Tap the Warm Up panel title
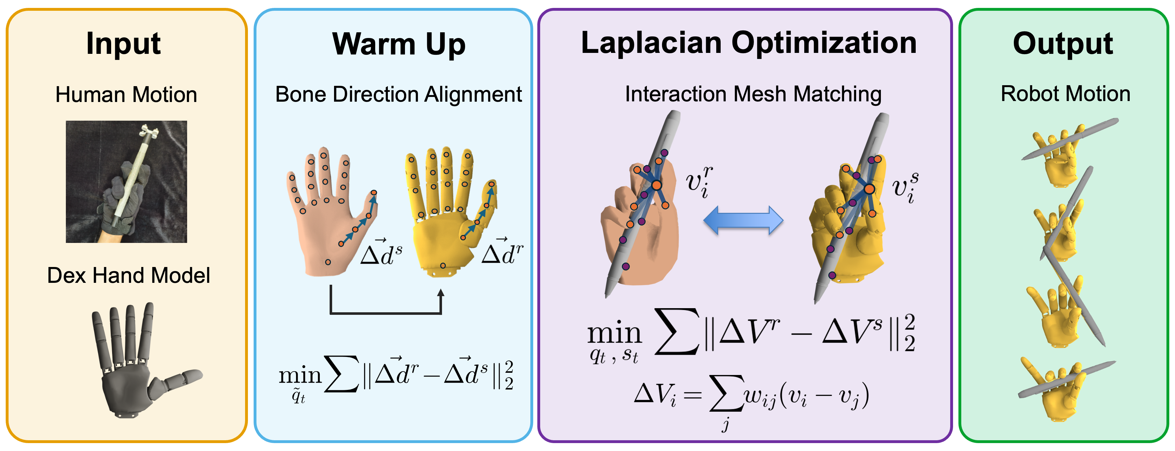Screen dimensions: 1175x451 pos(399,45)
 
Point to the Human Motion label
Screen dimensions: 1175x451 pos(126,95)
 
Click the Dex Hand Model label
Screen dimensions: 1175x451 pos(129,276)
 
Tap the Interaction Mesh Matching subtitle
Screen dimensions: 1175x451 pos(753,94)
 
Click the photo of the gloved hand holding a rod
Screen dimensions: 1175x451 pos(126,182)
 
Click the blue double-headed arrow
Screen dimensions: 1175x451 pos(743,220)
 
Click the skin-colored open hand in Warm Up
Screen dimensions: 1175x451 pos(331,212)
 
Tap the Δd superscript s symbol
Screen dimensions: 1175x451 pos(381,252)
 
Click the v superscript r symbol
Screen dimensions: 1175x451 pos(699,182)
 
